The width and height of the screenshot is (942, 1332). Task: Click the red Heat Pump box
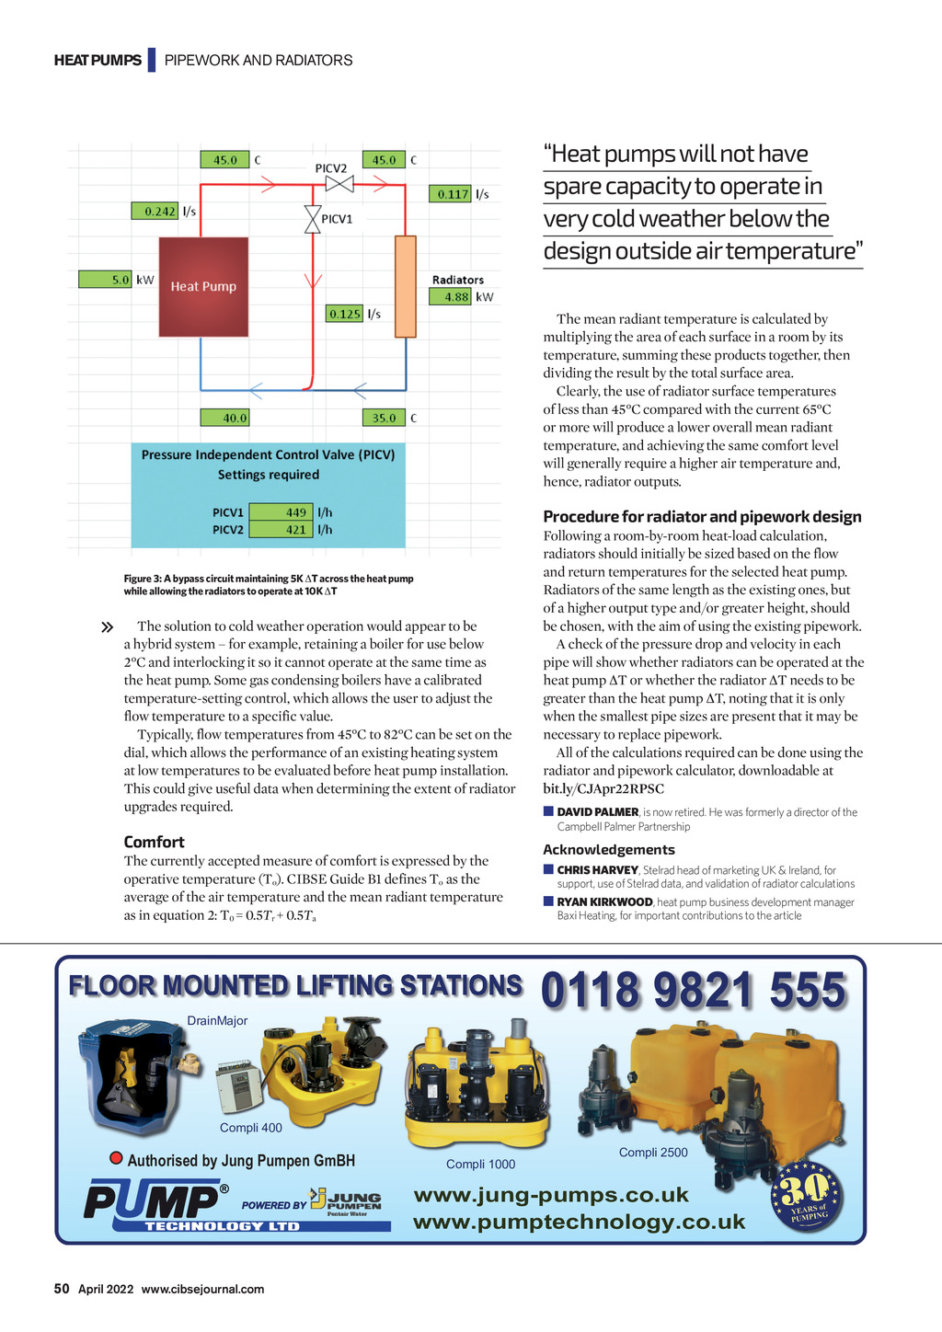tap(203, 286)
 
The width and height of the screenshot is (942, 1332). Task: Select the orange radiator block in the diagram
tap(406, 286)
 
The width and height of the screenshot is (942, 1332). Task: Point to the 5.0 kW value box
tap(106, 279)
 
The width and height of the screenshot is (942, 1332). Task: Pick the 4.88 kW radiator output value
tap(451, 297)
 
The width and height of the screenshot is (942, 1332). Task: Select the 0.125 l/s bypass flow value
tap(345, 314)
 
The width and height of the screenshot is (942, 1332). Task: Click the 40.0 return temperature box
tap(227, 418)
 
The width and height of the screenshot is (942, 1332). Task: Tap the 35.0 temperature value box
tap(384, 418)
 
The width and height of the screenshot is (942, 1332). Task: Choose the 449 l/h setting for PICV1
tap(281, 512)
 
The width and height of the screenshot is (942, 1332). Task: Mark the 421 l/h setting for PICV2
tap(281, 530)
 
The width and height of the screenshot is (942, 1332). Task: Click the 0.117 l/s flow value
tap(450, 194)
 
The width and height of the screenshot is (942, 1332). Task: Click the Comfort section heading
tap(154, 842)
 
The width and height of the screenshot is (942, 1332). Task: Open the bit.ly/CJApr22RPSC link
tap(603, 788)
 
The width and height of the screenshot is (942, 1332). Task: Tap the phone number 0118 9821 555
tap(694, 991)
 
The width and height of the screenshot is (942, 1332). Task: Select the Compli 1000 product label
tap(480, 1165)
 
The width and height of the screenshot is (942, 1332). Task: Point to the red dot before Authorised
tap(117, 1158)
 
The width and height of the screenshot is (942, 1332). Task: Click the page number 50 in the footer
tap(62, 1289)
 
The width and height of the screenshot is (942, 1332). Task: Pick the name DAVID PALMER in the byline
tap(597, 812)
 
